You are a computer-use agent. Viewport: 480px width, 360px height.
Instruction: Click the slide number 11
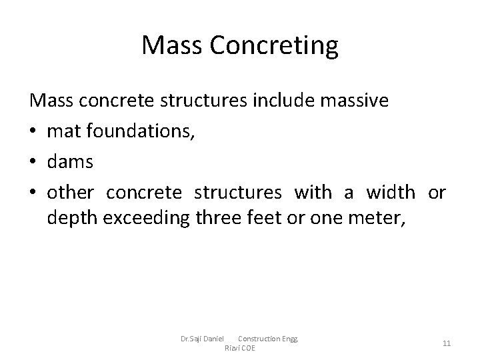point(447,343)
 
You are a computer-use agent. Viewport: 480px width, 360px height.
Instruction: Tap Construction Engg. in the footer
point(269,339)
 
